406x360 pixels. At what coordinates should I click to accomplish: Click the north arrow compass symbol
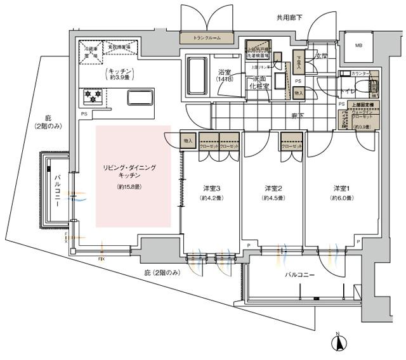click(341, 343)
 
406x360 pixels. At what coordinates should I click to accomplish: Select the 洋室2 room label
click(273, 188)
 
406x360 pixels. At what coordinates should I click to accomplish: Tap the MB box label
click(358, 45)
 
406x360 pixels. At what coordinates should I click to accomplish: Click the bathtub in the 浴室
click(197, 77)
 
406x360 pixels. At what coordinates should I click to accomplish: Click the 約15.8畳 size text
click(129, 188)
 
